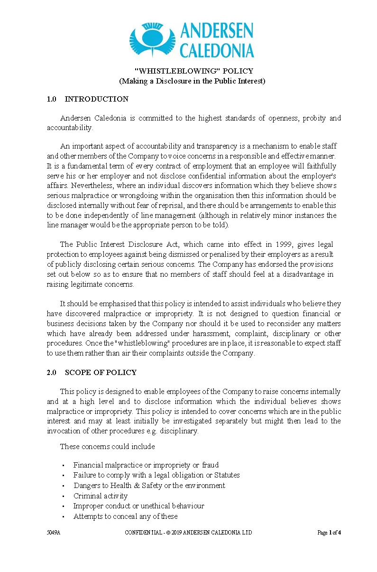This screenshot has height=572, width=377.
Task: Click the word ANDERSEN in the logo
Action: coord(217,32)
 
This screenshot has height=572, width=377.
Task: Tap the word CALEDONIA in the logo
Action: coord(217,50)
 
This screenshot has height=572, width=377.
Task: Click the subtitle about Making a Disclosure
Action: coord(192,81)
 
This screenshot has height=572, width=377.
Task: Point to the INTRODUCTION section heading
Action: coord(96,99)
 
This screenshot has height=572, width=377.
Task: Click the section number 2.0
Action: coord(51,373)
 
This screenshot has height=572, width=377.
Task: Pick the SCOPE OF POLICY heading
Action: coord(101,373)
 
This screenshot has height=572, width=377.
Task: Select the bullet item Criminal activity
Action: coord(101,496)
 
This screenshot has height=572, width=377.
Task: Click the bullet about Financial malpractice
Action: coord(146,465)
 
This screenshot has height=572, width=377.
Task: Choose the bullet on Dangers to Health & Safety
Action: coord(149,486)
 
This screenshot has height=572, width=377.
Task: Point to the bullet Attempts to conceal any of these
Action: coord(125,516)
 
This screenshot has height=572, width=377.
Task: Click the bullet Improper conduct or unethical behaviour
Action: coord(138,506)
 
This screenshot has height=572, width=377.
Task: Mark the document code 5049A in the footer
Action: coord(53,533)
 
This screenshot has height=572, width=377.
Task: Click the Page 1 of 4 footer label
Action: coord(329,533)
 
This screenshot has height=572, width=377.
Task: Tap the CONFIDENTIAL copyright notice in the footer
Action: coord(188,533)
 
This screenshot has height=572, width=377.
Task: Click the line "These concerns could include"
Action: coord(107,447)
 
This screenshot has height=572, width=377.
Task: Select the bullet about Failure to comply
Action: coord(156,475)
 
